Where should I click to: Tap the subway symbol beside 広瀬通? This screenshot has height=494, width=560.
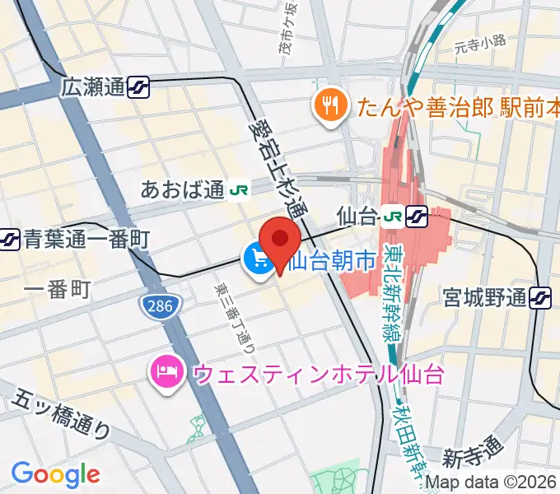point(138,86)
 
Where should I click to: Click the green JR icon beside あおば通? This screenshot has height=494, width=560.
point(240,190)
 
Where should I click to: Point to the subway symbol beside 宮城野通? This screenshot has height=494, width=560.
point(541,296)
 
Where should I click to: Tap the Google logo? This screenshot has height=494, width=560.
point(55,473)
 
